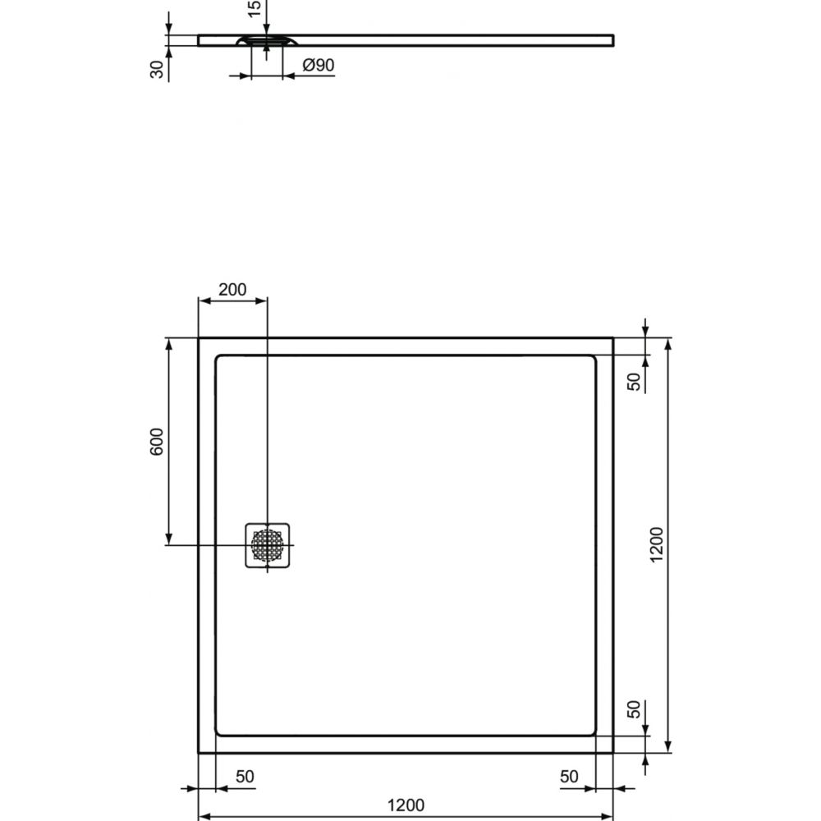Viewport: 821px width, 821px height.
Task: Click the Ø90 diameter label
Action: click(319, 65)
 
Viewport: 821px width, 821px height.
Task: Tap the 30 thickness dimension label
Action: click(157, 70)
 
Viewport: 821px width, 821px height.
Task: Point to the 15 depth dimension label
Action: click(254, 8)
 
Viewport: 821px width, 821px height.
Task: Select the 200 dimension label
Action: click(232, 290)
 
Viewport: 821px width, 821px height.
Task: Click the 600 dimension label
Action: click(157, 442)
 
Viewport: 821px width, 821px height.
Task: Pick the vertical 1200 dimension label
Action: click(656, 544)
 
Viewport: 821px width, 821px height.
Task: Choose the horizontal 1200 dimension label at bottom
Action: click(406, 805)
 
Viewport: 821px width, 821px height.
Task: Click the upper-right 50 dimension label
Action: click(634, 382)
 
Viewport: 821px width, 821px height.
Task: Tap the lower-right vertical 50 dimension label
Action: click(634, 709)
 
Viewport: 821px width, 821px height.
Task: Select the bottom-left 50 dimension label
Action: click(245, 777)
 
